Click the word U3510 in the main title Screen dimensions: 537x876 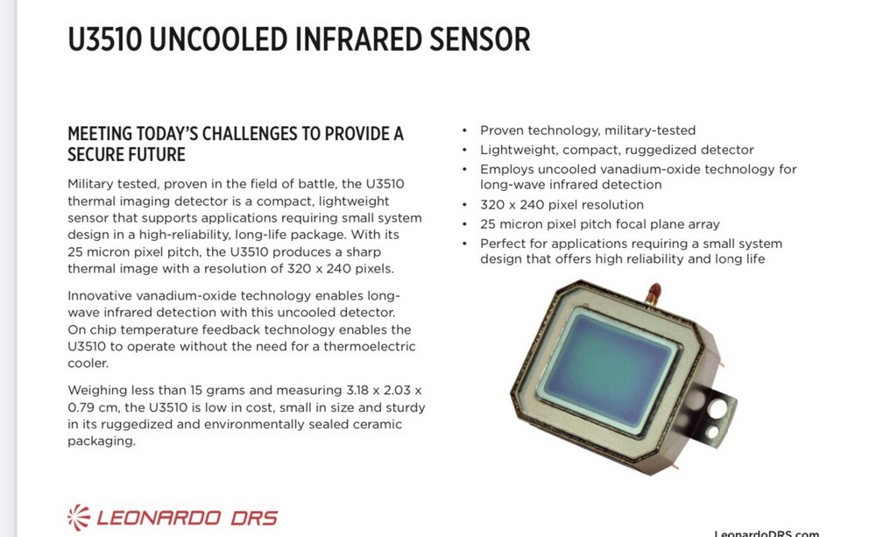coord(103,39)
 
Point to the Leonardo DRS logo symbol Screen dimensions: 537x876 coord(79,516)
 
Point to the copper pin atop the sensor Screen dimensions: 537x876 coord(653,292)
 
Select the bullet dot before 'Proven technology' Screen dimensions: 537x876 coord(465,131)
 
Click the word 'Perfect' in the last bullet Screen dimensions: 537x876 coord(503,244)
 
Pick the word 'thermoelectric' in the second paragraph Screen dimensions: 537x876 coord(369,347)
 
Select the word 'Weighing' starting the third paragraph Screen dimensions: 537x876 coord(97,390)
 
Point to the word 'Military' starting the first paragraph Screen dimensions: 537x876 coord(93,184)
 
